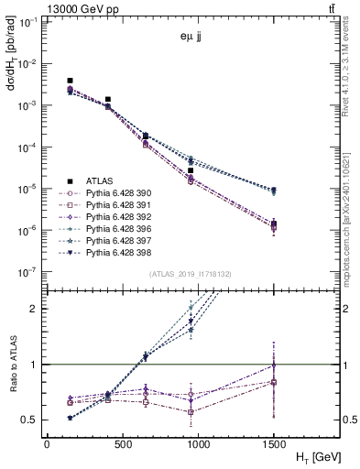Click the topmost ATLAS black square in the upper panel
70,82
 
